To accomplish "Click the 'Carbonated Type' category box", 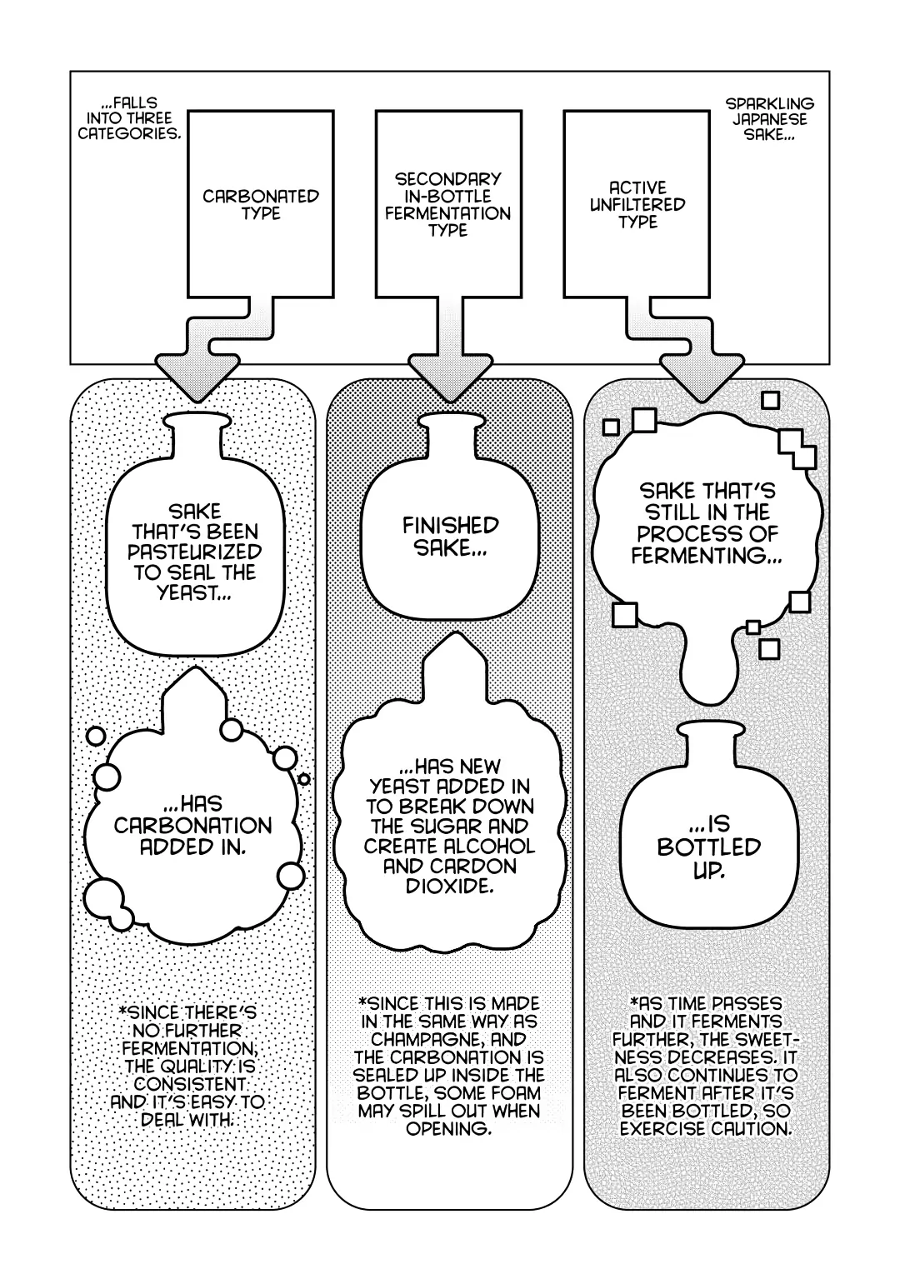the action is click(260, 204).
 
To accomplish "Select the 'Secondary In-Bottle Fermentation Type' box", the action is click(449, 204).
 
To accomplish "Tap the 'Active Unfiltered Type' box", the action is click(637, 204).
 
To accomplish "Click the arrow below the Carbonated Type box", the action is click(217, 348).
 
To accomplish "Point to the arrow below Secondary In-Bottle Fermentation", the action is click(449, 349).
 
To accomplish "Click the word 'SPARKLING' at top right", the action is click(770, 104).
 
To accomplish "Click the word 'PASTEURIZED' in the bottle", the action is click(195, 552).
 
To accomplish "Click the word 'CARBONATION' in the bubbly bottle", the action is click(193, 826).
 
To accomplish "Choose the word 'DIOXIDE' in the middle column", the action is click(449, 887).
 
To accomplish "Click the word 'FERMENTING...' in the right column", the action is click(707, 556).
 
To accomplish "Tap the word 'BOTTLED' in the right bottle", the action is click(709, 847).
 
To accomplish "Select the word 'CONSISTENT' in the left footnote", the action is click(190, 1084).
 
